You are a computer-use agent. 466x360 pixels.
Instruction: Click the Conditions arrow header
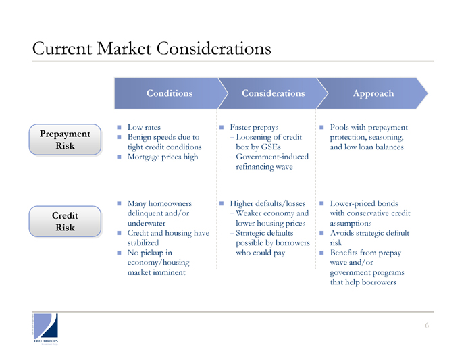coord(170,93)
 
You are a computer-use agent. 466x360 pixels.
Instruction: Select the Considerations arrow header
coord(274,93)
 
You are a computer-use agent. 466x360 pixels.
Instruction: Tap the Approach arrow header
coord(373,93)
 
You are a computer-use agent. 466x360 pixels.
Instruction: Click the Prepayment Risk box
coord(65,140)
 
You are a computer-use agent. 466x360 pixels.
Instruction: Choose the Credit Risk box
coord(65,222)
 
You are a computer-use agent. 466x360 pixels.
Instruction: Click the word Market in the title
coord(124,48)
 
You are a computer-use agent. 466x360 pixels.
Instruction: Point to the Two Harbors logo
coord(45,329)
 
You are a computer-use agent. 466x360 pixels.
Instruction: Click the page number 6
coord(427,326)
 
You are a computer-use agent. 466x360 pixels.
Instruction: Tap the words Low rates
coord(144,127)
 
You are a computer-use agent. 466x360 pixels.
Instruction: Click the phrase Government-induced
coord(272,157)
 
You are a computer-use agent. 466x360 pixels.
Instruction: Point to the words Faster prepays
coord(254,128)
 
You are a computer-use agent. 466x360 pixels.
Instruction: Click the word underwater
coord(147,224)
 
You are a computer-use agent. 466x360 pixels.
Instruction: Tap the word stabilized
coord(143,243)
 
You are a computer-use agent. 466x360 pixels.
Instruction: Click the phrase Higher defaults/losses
coord(267,203)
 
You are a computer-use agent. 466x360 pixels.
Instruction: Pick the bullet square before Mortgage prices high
coord(119,157)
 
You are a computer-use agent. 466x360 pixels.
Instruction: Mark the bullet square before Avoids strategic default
coord(321,233)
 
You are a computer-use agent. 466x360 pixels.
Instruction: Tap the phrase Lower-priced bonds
coord(364,203)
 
